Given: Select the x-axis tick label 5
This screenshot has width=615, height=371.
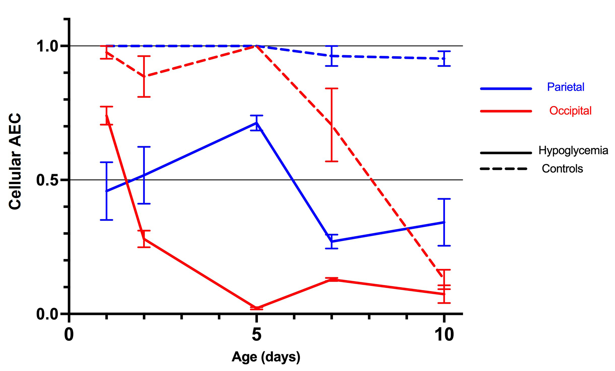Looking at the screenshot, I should coord(256,334).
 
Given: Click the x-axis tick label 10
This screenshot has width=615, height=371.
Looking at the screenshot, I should coord(444,334).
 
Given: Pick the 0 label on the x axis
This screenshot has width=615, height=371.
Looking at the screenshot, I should coord(69,334).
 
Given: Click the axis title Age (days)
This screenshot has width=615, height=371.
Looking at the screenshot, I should coord(266,357).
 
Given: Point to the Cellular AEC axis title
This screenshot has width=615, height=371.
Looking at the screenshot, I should coord(15,161).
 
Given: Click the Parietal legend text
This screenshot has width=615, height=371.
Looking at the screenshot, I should coord(565,87).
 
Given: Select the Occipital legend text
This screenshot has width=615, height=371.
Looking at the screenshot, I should coord(570,111).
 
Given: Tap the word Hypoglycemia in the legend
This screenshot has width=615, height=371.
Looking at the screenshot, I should coord(573,151).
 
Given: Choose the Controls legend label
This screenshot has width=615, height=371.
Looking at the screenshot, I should coord(562,169).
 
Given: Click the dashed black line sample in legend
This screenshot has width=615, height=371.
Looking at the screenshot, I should coord(504,169).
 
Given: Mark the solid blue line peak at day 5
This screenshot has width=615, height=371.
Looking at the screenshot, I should coord(257,123).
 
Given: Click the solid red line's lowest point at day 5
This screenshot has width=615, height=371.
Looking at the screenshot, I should coord(257,308).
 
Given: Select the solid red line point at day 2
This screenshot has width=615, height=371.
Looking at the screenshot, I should coord(144,239).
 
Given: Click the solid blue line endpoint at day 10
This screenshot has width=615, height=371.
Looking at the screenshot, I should coord(444,222).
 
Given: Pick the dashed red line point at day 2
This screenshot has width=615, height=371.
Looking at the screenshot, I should coord(144,76).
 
